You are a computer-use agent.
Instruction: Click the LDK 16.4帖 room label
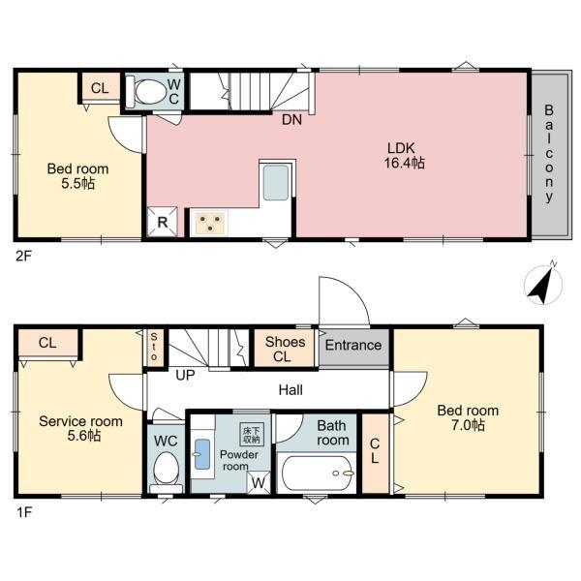(x=406, y=156)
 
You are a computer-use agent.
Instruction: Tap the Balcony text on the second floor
(x=548, y=153)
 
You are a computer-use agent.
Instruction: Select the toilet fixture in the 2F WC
(x=151, y=91)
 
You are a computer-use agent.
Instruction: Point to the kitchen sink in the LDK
(x=275, y=183)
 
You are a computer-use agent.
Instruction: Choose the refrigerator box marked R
(x=161, y=222)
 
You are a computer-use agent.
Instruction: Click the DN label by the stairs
(x=290, y=121)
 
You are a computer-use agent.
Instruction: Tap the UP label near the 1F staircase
(x=184, y=374)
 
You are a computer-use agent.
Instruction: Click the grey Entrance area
(x=353, y=346)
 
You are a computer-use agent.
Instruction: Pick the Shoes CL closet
(x=285, y=348)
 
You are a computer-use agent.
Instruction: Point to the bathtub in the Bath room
(x=318, y=474)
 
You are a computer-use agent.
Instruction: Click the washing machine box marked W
(x=259, y=479)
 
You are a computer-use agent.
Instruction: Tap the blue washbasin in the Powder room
(x=201, y=454)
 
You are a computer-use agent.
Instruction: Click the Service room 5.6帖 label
(x=80, y=428)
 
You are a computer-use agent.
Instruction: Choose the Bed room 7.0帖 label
(x=467, y=417)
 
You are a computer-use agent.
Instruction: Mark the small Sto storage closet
(x=153, y=348)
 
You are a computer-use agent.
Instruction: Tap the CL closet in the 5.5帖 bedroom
(x=99, y=88)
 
